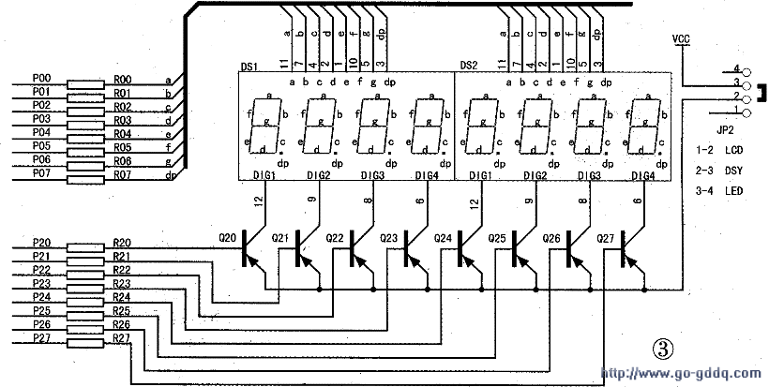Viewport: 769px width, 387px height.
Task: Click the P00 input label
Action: click(41, 80)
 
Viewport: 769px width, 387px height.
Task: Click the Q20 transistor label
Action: click(227, 238)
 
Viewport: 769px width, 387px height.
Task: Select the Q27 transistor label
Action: click(607, 238)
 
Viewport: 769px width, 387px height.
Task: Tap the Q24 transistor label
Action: click(444, 238)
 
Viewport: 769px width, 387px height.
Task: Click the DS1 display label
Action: click(249, 67)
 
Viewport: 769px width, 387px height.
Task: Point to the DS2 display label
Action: click(468, 66)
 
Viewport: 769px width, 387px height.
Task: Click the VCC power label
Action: click(682, 38)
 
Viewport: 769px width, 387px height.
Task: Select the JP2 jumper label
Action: click(724, 131)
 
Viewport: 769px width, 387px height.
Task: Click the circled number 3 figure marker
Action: click(663, 349)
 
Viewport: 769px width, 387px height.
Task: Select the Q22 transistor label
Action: click(336, 238)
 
